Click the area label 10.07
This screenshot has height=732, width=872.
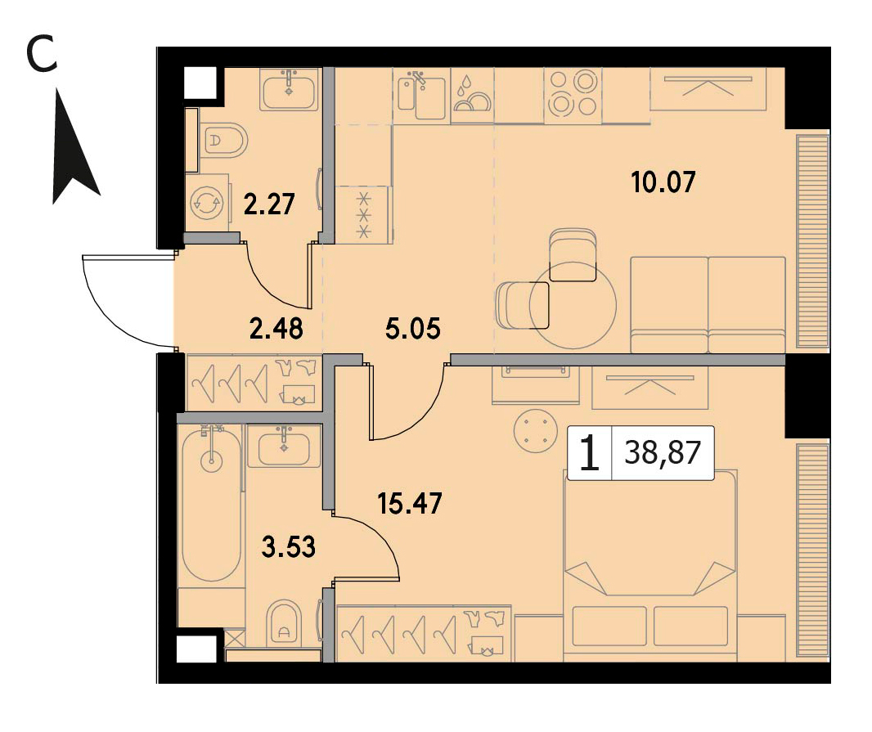tap(663, 182)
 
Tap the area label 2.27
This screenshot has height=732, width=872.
tap(268, 204)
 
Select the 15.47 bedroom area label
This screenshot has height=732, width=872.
tap(410, 503)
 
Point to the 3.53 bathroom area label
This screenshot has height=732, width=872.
tap(289, 547)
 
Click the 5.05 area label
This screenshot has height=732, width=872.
tap(412, 329)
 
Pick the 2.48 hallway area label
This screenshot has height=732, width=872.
tap(276, 329)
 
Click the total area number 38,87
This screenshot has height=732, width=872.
tap(663, 453)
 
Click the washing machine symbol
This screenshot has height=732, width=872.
tap(207, 204)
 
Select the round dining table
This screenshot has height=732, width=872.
tap(573, 305)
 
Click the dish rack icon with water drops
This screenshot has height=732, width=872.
tap(472, 95)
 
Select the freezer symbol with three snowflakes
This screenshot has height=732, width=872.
tap(365, 214)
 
